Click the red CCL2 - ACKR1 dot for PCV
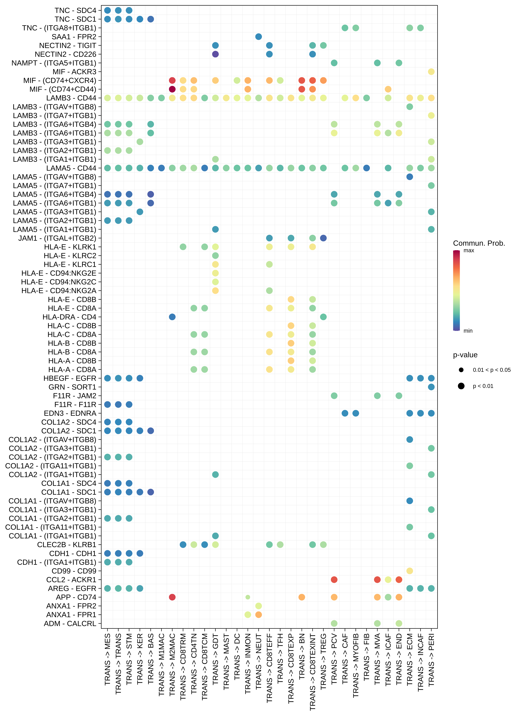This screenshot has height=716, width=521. point(334,580)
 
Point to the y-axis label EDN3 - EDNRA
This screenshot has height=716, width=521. point(70,413)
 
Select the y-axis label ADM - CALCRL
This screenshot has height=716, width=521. point(70,623)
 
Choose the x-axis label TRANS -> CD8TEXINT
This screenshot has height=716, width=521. point(313,672)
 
